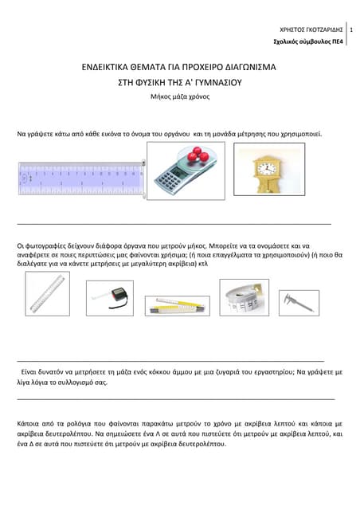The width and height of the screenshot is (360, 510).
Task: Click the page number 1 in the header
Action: pos(351,29)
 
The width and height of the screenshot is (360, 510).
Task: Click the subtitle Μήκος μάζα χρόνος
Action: pos(179,95)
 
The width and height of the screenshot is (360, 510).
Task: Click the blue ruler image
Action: pos(80,179)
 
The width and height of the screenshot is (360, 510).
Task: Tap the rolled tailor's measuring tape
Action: pos(244,298)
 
